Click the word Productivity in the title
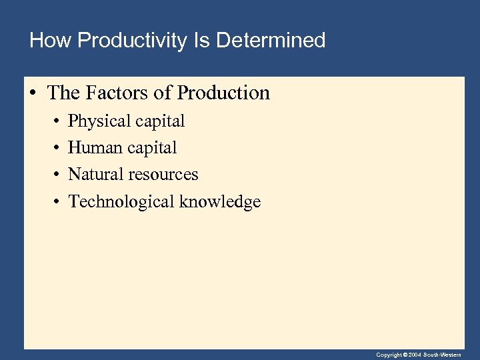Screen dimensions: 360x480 132,41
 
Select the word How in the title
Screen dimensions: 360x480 51,41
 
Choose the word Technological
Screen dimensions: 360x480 121,201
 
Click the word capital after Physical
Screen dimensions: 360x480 161,121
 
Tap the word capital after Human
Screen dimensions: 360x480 153,147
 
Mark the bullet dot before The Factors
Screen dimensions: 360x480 33,93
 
